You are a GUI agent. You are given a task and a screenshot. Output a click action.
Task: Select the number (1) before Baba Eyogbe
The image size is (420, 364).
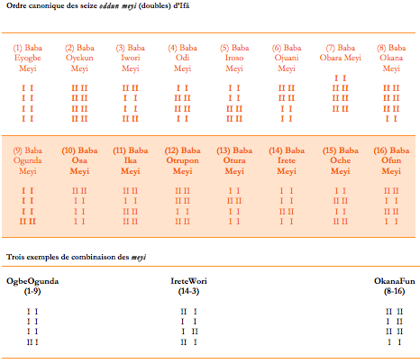click(x=17, y=48)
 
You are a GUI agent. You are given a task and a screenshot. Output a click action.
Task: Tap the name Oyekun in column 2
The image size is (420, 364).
click(x=79, y=58)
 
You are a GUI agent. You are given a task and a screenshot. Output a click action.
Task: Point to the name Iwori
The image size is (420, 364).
click(x=131, y=58)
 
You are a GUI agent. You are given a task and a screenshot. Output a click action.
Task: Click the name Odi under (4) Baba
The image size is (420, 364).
click(x=182, y=58)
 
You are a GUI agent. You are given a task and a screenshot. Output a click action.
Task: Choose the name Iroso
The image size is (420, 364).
click(x=234, y=58)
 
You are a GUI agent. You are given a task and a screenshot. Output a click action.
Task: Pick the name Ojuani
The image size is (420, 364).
click(x=287, y=58)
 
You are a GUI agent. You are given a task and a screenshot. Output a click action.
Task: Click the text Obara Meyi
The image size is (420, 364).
click(x=340, y=58)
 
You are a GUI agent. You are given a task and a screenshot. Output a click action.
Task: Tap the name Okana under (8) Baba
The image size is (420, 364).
click(x=391, y=58)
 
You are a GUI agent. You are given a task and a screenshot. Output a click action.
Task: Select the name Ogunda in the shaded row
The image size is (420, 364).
click(x=27, y=160)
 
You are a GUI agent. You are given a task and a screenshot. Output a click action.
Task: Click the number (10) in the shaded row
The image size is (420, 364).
click(x=68, y=150)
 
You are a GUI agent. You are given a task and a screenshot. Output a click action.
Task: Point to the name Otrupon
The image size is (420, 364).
click(x=182, y=160)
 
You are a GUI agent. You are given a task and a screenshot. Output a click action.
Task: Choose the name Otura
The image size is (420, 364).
click(x=234, y=160)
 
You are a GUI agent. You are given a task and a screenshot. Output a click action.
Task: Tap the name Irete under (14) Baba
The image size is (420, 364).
click(x=287, y=160)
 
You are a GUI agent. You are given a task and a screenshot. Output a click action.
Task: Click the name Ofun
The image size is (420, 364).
click(x=391, y=160)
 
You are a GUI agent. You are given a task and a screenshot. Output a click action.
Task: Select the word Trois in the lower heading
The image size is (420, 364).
click(x=15, y=257)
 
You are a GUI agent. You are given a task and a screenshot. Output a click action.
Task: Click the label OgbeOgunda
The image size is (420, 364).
click(x=32, y=281)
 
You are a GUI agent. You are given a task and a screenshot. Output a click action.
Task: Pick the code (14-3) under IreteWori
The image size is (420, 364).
click(x=188, y=291)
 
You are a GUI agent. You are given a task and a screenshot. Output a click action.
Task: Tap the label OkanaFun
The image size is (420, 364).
click(x=394, y=281)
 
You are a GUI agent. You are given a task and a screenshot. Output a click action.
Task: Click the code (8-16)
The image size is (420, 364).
click(x=394, y=291)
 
